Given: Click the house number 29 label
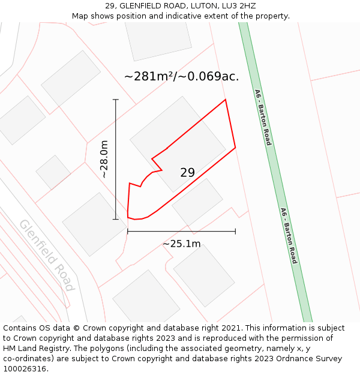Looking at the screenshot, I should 187,173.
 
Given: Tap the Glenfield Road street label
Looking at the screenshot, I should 46,255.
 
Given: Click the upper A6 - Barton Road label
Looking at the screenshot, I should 263,118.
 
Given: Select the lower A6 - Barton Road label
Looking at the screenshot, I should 289,236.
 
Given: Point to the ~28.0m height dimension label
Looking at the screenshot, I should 104,159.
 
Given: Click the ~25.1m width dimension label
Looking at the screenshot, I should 181,244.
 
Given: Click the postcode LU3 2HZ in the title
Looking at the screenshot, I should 239,5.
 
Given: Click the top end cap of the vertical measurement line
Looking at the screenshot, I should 116,100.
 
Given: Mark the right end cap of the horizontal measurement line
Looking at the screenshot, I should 235,231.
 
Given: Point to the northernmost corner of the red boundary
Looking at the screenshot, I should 225,100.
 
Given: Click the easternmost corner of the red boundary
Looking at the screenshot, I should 235,147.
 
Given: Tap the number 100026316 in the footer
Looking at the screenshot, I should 25,368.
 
